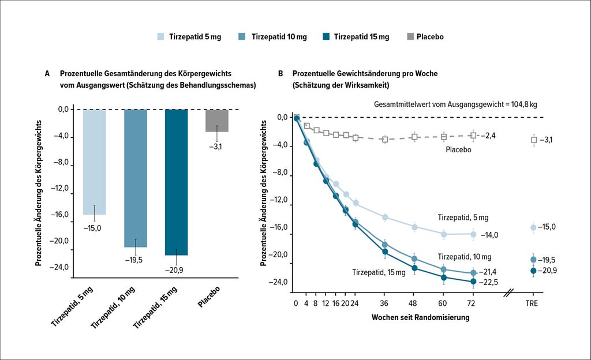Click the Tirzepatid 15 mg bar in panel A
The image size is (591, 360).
(x=176, y=182)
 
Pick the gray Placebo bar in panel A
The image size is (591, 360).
(x=217, y=120)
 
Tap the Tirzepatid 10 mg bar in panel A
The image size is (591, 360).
(x=136, y=178)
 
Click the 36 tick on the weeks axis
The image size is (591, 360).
(x=384, y=303)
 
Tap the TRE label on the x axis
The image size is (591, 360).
(x=533, y=303)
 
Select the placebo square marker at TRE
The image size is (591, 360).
(x=534, y=140)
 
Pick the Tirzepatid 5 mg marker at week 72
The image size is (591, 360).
(x=473, y=234)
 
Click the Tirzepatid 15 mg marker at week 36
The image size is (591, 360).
(x=384, y=252)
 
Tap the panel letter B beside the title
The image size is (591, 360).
(x=280, y=74)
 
